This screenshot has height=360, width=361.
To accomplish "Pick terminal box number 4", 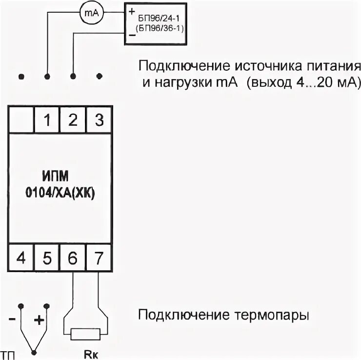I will click(21, 258).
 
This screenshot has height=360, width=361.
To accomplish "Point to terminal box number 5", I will click(47, 258).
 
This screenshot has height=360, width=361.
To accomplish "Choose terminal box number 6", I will click(73, 258).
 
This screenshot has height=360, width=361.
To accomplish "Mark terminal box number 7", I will click(98, 258).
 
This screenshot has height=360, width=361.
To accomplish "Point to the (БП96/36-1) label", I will click(157, 27).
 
